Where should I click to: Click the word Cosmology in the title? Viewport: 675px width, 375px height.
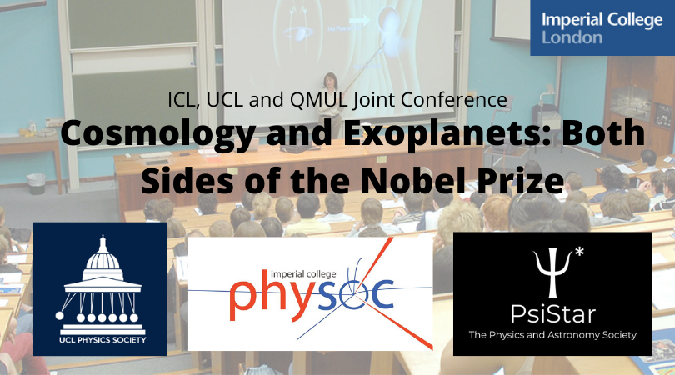[158, 133]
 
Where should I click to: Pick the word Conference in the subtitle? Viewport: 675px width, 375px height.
[454, 100]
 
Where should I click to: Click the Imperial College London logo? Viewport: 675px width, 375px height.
[602, 27]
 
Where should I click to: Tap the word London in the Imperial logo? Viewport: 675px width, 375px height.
[572, 37]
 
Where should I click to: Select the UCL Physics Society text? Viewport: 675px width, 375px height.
[102, 340]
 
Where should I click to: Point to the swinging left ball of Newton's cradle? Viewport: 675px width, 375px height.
[59, 316]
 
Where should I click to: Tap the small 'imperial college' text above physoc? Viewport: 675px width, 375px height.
[303, 274]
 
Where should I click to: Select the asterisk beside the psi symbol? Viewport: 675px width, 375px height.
[579, 252]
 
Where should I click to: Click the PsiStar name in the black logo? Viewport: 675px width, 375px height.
[552, 314]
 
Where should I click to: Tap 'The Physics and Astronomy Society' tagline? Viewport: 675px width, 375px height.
[552, 334]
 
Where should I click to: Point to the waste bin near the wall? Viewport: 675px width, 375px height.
[36, 184]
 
